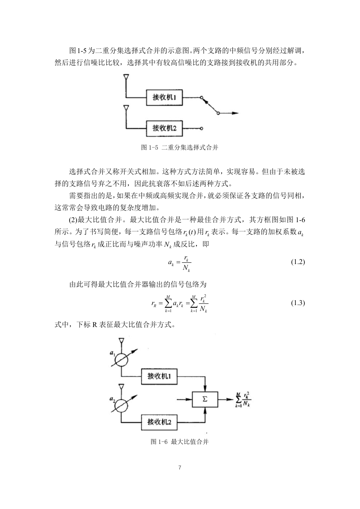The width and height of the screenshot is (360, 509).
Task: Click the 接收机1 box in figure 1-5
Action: [x=164, y=97]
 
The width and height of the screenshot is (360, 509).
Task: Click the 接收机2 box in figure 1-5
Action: [x=164, y=128]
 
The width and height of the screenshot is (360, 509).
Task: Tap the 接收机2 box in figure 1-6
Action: [x=159, y=422]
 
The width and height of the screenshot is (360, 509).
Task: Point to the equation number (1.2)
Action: [x=298, y=262]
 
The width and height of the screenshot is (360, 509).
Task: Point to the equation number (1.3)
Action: [x=298, y=303]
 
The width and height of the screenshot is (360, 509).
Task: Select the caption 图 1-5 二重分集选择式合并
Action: [x=179, y=148]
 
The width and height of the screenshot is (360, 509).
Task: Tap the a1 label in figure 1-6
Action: [x=112, y=353]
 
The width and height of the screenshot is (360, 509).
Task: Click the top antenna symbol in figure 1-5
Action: [x=126, y=77]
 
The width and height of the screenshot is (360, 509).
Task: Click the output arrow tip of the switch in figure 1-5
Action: [x=239, y=113]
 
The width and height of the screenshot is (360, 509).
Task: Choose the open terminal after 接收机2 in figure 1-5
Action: [x=201, y=128]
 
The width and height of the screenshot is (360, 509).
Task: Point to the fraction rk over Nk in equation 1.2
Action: [x=186, y=263]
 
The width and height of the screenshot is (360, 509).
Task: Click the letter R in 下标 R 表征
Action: [x=95, y=325]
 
